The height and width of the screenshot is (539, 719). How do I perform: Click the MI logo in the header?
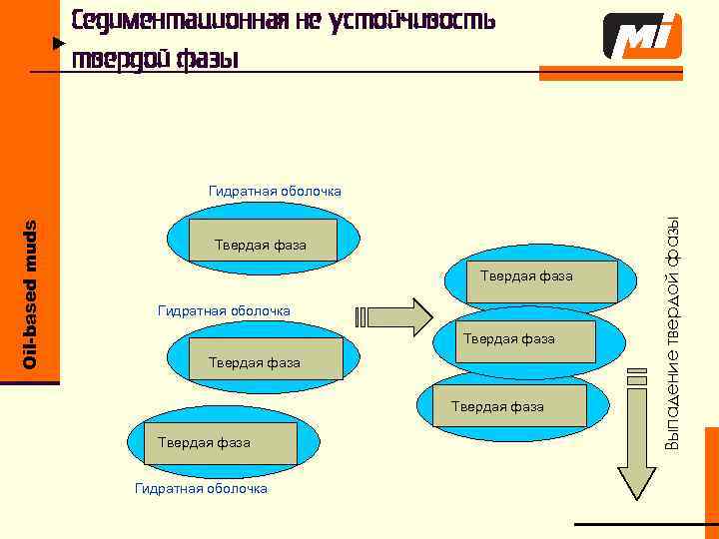tap(642, 37)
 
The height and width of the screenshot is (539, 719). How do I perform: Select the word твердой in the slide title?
tap(118, 59)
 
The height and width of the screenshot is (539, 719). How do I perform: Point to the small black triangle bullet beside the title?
tap(58, 44)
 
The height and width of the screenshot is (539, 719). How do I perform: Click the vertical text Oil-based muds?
tap(30, 293)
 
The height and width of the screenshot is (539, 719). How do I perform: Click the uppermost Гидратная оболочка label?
tap(275, 191)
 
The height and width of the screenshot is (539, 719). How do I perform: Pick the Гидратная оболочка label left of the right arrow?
tap(225, 311)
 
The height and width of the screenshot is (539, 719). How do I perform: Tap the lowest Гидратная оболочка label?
tap(201, 488)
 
